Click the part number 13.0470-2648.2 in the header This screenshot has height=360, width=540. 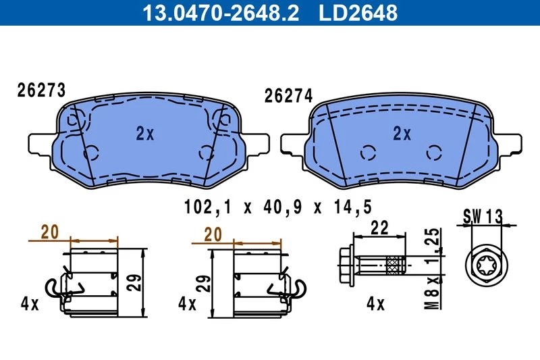coord(221,12)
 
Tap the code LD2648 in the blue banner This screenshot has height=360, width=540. coord(358,12)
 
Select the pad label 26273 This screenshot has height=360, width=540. coord(41,91)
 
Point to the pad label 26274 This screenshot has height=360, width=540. coord(288,95)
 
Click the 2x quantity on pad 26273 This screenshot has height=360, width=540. coord(145,133)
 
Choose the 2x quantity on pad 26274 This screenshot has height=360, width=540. coord(402,133)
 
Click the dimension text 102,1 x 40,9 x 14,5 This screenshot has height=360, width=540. coord(278,207)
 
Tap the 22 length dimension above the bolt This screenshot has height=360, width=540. coord(379,228)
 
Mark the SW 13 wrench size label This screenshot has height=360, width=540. coord(483,217)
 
